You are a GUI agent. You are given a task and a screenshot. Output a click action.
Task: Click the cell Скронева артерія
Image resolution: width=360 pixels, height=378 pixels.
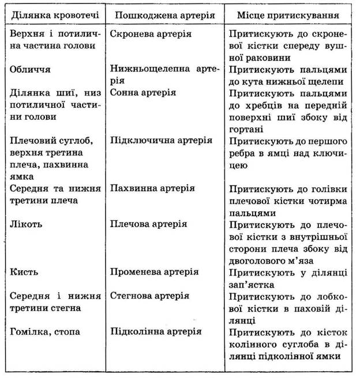point(147,34)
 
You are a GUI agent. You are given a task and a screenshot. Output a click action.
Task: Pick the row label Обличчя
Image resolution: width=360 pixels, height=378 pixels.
point(31,69)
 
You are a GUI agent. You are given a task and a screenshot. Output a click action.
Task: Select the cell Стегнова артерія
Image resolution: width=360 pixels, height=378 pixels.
point(149,296)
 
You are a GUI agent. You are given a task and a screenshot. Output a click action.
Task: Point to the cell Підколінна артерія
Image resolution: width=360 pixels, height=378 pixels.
point(155,332)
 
